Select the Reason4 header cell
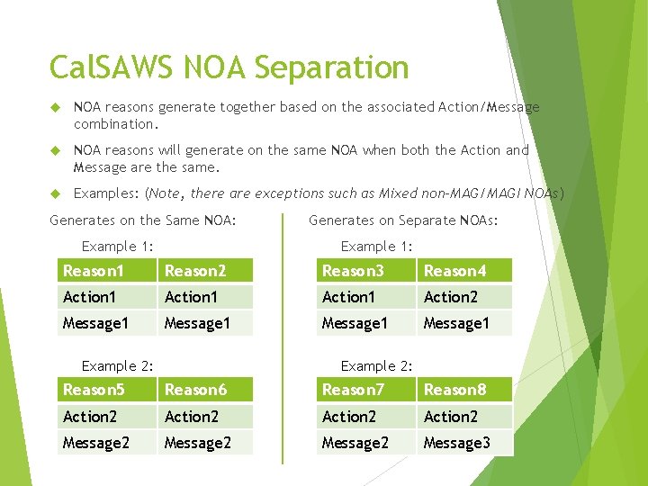pos(463,271)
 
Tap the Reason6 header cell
pos(205,390)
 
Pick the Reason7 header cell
pos(364,390)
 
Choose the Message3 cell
pos(463,443)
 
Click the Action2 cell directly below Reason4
pos(463,297)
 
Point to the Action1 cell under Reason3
pos(364,297)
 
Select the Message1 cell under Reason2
pos(205,323)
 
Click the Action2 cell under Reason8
pos(463,417)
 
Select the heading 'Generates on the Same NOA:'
pos(143,220)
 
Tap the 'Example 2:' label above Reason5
pos(117,365)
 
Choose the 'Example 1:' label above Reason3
pos(376,247)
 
